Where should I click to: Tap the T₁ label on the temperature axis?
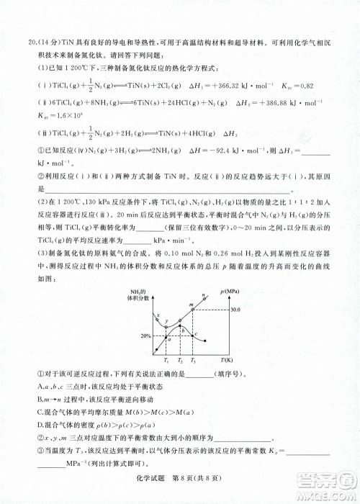166,359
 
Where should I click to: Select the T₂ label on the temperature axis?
181,359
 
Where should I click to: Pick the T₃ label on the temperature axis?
196,359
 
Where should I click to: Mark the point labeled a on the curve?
166,336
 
